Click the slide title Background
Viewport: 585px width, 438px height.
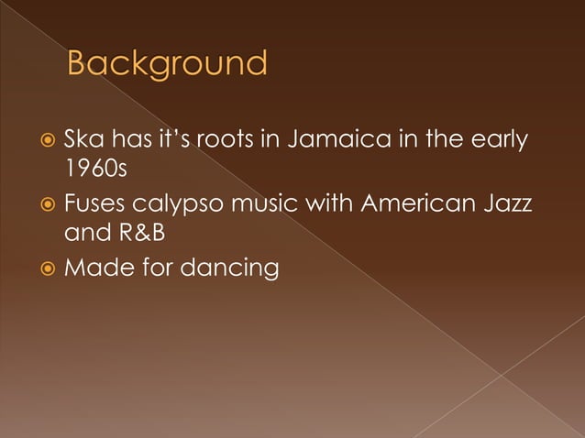[168, 65]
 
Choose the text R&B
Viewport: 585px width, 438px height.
[144, 235]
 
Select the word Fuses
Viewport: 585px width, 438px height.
[93, 204]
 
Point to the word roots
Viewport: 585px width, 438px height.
[242, 140]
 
